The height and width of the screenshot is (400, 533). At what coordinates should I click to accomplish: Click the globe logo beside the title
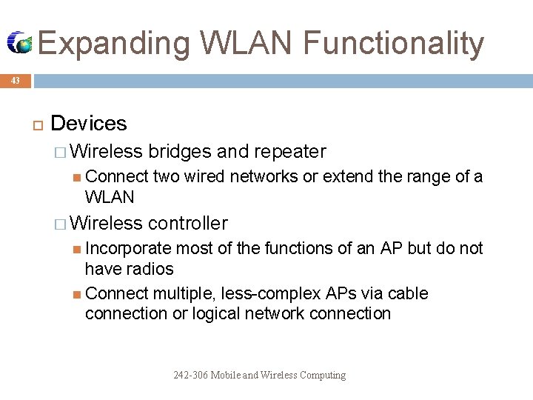coord(20,43)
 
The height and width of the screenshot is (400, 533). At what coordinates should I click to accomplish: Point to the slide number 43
coord(16,81)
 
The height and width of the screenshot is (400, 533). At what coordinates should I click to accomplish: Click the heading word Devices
coord(89,123)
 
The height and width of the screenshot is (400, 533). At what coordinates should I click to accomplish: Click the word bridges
coord(180,152)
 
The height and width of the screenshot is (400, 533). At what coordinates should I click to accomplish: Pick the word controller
coord(188,223)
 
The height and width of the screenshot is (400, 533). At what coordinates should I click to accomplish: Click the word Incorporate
coord(128,248)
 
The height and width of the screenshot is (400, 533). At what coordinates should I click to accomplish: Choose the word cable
coord(408,293)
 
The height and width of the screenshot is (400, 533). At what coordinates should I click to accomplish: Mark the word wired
coord(204,176)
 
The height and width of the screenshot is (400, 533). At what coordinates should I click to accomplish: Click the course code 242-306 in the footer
coord(191,375)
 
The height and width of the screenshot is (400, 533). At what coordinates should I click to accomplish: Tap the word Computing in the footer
coord(321,375)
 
